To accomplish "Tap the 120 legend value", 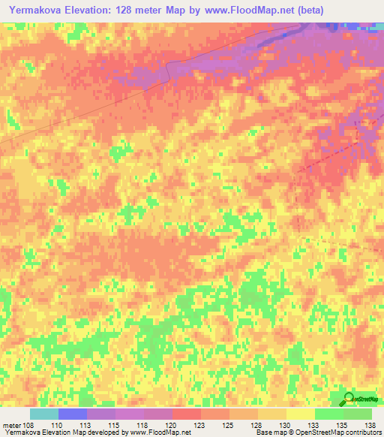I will [x=144, y=424].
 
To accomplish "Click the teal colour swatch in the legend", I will [x=44, y=414].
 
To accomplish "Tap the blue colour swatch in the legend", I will [x=73, y=414].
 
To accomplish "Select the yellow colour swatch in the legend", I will [x=300, y=414].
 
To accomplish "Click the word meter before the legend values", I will [x=11, y=424].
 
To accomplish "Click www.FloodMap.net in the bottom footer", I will [x=159, y=432].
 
